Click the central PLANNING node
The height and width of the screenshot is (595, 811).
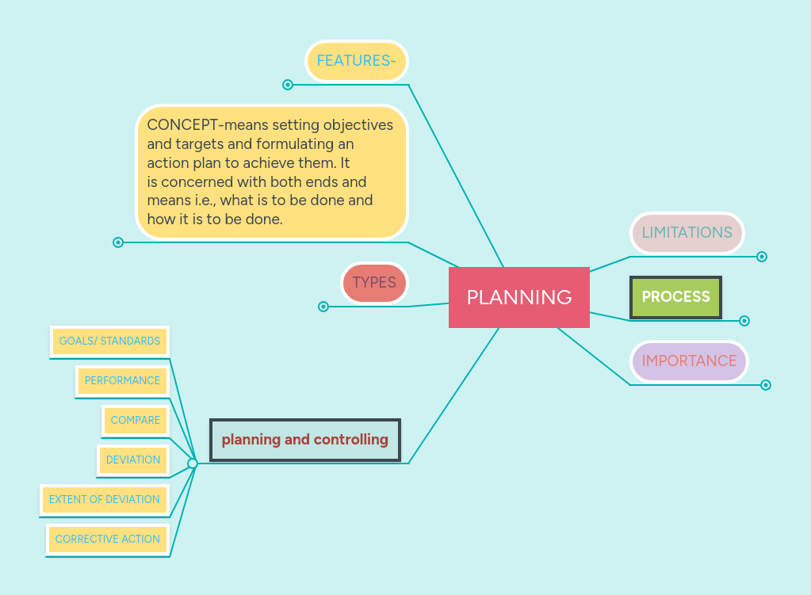[x=519, y=297]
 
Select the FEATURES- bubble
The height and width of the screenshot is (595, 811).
[x=356, y=61]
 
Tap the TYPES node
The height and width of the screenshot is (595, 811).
[x=374, y=283]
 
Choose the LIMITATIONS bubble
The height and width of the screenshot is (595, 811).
[x=687, y=233]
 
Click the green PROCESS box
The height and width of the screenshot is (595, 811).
[x=675, y=297]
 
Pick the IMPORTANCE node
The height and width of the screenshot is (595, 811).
[x=689, y=361]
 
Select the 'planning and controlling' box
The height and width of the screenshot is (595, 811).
[x=305, y=440]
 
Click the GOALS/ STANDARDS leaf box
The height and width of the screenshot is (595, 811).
[x=109, y=341]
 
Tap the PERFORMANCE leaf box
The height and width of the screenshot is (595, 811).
[x=122, y=381]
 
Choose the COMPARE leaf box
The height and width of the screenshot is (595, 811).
[x=136, y=421]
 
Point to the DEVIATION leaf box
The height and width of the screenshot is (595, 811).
[x=133, y=460]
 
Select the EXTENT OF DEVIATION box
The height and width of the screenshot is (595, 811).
[x=105, y=500]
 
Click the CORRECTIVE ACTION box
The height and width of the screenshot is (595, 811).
[x=108, y=540]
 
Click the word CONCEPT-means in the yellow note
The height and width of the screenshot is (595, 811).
[x=188, y=125]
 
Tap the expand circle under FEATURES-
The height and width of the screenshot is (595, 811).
[x=288, y=85]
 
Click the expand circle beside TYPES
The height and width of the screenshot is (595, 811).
[x=323, y=307]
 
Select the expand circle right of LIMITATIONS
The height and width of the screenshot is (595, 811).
[x=762, y=257]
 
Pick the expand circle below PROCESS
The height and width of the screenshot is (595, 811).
[x=744, y=321]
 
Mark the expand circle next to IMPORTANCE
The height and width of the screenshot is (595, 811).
[x=766, y=385]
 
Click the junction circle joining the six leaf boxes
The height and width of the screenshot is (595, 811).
[x=193, y=463]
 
